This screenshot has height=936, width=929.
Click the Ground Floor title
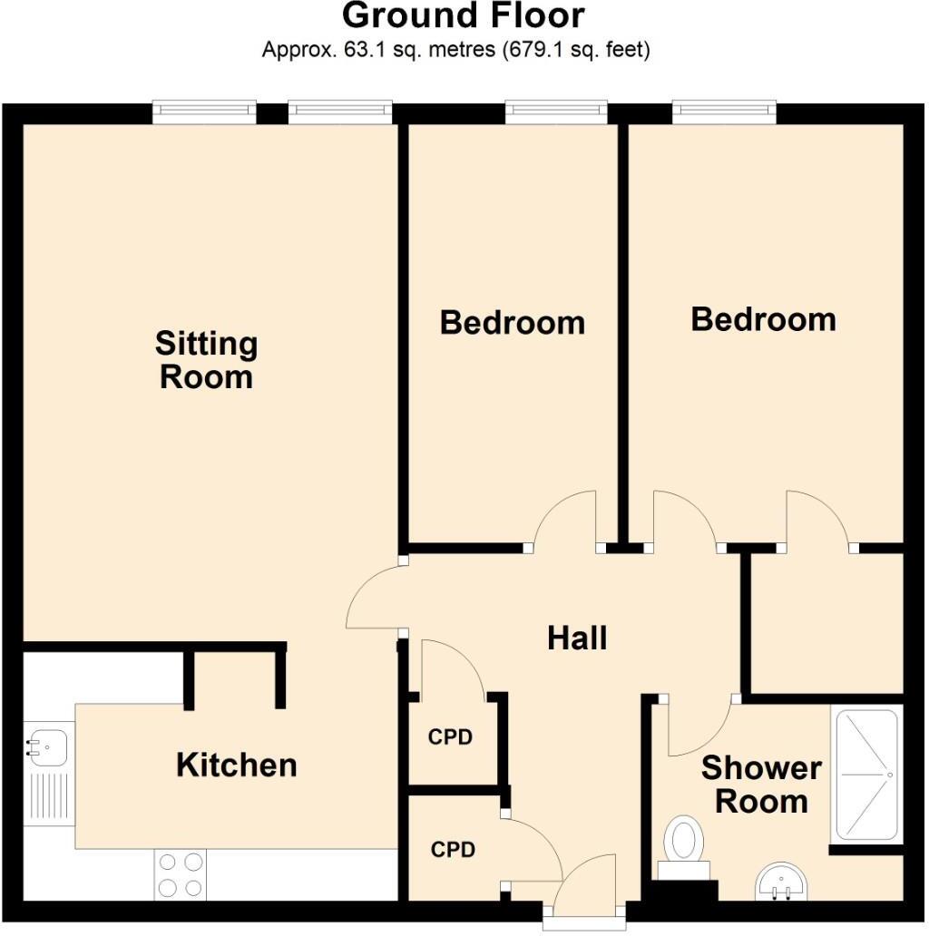point(464,15)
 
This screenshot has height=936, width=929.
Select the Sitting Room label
point(206,360)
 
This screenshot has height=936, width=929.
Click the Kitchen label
point(236,765)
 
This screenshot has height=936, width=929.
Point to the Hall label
point(577,639)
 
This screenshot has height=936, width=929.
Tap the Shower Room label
point(760,785)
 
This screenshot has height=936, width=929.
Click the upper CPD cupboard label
point(450,737)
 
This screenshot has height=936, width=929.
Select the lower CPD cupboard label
point(453,850)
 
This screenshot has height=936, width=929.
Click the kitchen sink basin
point(43,747)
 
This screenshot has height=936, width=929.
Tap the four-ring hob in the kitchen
point(180,874)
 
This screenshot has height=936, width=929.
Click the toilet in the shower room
point(681,839)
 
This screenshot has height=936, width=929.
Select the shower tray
point(866,775)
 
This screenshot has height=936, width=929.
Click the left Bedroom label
point(512,323)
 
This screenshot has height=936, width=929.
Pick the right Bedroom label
point(763,319)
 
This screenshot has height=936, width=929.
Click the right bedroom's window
point(724,111)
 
